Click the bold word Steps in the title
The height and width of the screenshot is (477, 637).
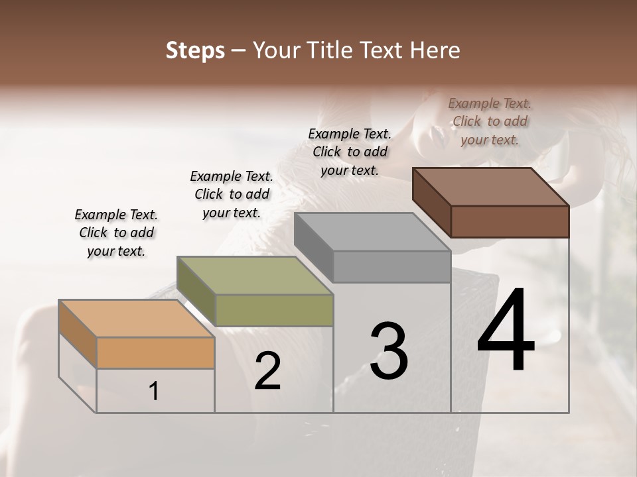(195, 50)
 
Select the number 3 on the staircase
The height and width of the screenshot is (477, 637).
(388, 351)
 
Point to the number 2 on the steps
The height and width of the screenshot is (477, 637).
(267, 371)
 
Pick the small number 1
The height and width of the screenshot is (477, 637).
(154, 392)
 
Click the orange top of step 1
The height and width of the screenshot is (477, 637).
(136, 319)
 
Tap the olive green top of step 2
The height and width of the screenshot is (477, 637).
(255, 276)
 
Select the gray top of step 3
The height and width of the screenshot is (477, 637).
(372, 232)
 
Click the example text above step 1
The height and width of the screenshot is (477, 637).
(116, 233)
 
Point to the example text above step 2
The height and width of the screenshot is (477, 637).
(232, 194)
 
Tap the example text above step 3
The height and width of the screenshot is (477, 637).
(350, 152)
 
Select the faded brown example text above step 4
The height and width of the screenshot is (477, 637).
(490, 121)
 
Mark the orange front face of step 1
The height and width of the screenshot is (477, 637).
(155, 352)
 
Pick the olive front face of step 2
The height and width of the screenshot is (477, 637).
(274, 310)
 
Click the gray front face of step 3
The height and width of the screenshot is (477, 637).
(391, 266)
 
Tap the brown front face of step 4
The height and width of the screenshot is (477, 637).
(510, 221)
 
